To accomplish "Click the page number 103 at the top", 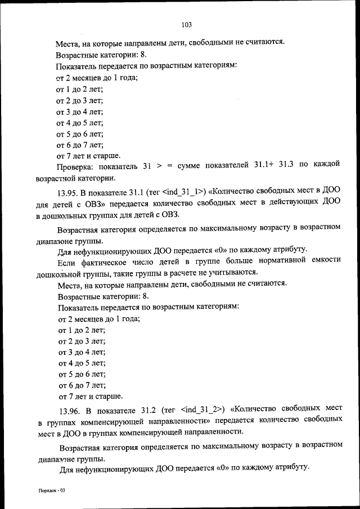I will (x=187, y=24).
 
